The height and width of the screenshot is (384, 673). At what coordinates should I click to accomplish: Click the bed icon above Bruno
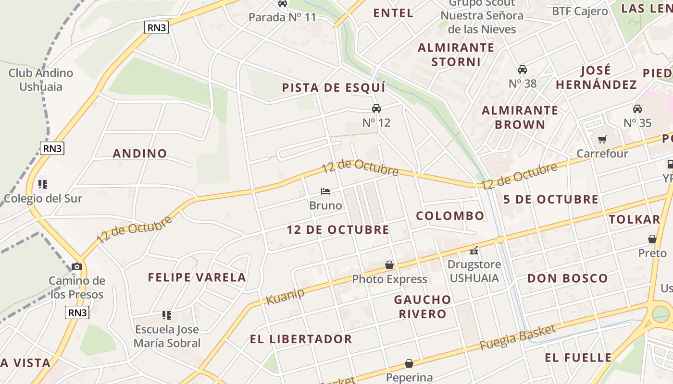coord(325,192)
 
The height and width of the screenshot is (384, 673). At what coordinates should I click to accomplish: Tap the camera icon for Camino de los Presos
coord(76,266)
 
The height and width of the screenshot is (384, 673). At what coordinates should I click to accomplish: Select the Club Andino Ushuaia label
coord(41,80)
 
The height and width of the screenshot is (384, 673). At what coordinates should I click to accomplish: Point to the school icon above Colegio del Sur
coord(43,184)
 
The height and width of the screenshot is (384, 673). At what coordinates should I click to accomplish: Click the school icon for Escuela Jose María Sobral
coord(167,315)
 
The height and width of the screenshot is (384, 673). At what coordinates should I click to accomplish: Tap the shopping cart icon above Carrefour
coord(602,140)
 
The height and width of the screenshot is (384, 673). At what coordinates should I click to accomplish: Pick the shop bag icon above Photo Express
coord(389,265)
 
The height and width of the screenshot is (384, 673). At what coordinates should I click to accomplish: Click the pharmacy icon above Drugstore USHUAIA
coord(474,250)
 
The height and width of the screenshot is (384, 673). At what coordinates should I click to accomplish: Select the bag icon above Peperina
coord(409,363)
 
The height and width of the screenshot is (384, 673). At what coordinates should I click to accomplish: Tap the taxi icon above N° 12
coord(376,108)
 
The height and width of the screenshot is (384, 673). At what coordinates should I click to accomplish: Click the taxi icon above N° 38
coord(523,70)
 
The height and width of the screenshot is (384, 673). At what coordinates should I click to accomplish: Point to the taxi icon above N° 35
coord(637,109)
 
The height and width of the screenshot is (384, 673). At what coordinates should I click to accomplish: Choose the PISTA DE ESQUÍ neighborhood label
coord(334,88)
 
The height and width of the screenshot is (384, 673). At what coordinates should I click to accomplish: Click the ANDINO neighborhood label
coord(140,154)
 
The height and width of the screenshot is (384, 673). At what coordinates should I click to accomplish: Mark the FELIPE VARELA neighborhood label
coord(197,277)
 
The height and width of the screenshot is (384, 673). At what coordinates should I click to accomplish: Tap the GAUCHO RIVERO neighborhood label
coord(423,307)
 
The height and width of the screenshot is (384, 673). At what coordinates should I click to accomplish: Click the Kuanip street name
coord(285,296)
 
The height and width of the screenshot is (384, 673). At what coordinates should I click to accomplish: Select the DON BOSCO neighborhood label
coord(568,278)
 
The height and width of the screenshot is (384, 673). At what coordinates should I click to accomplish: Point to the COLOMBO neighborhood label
coord(450,216)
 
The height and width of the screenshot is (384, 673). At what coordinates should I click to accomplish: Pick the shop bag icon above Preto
coord(652,239)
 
